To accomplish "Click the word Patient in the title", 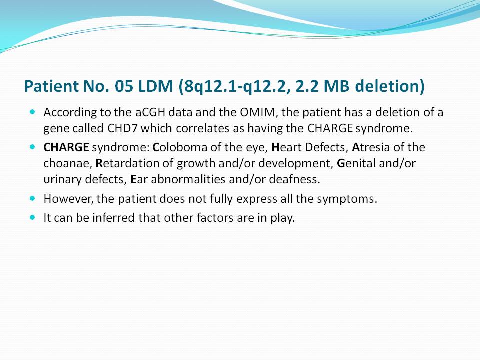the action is pyautogui.click(x=51, y=86).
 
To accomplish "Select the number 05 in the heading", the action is pyautogui.click(x=124, y=86).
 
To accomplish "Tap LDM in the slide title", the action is pyautogui.click(x=156, y=86).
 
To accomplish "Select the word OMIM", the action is pyautogui.click(x=257, y=112).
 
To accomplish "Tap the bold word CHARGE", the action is pyautogui.click(x=66, y=147).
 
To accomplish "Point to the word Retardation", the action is pyautogui.click(x=127, y=164).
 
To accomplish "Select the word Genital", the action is pyautogui.click(x=356, y=164).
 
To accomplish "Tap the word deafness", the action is pyautogui.click(x=294, y=179).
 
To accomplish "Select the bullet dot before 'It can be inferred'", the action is pyautogui.click(x=33, y=217).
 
